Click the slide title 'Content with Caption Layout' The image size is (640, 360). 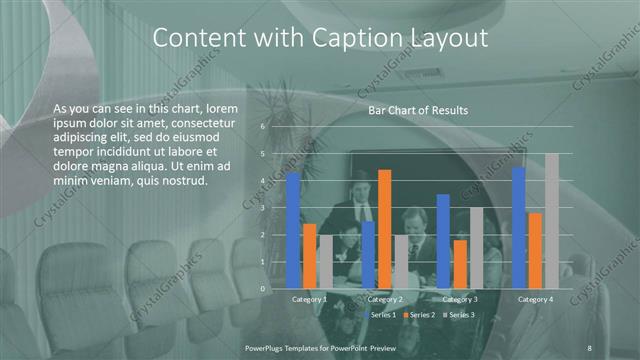(320, 39)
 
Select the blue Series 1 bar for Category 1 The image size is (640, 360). (293, 230)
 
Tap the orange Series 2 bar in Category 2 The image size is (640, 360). (385, 229)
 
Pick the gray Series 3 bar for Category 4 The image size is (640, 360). (551, 221)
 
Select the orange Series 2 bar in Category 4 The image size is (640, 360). (535, 250)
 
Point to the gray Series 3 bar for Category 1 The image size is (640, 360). (325, 261)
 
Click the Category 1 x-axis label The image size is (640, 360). (309, 299)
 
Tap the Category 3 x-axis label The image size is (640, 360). (460, 299)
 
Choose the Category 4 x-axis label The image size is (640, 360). (535, 299)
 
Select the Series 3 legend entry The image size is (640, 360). (461, 315)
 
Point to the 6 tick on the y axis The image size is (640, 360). (262, 127)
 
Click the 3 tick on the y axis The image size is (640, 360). (262, 208)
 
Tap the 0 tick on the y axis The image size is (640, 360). (262, 288)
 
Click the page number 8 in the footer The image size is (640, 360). (589, 345)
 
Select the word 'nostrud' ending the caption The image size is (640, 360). (180, 181)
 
